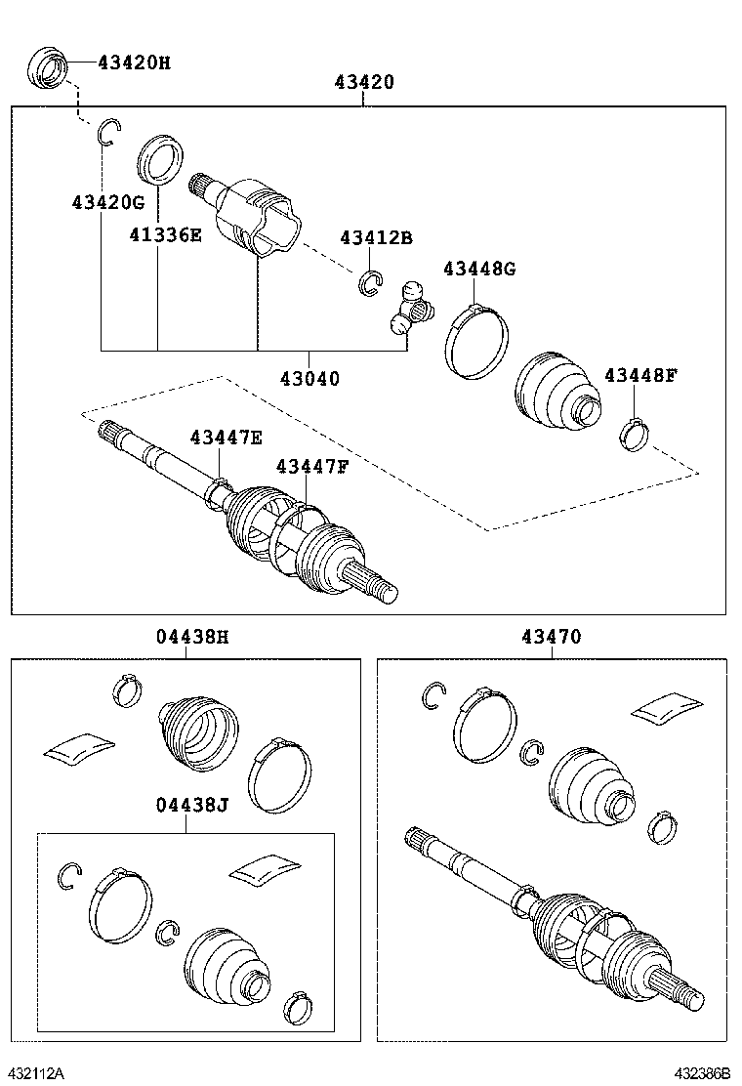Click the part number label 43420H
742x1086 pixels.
click(x=134, y=63)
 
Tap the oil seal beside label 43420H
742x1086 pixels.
click(x=47, y=64)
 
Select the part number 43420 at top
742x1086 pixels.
click(x=364, y=83)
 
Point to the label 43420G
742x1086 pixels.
click(x=107, y=203)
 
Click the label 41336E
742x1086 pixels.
click(x=165, y=233)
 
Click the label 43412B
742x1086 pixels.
click(x=376, y=238)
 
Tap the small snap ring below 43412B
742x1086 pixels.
click(x=370, y=282)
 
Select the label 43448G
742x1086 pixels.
click(x=478, y=269)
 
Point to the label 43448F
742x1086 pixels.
click(x=639, y=375)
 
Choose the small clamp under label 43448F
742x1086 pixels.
click(x=634, y=433)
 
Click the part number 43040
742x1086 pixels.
click(x=309, y=378)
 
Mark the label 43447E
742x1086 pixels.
click(x=226, y=439)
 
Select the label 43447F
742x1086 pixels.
click(x=311, y=467)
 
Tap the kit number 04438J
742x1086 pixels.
click(x=192, y=805)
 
